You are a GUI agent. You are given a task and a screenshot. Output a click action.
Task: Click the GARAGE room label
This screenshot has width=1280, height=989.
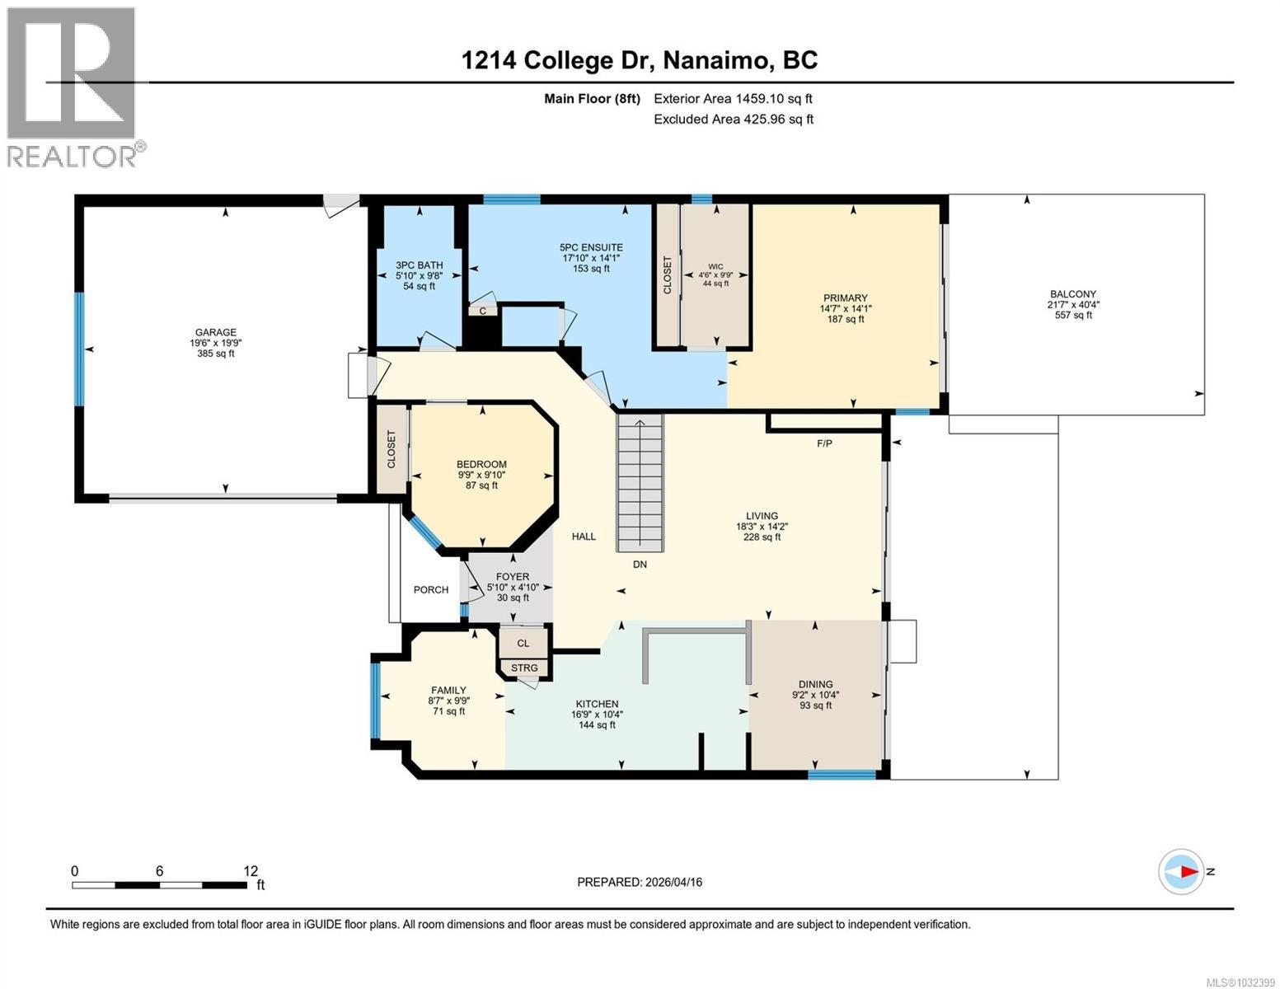point(215,333)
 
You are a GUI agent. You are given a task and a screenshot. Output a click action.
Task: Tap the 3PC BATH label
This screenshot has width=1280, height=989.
point(419,265)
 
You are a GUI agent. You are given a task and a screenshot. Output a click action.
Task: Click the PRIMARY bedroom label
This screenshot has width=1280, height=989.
point(845,298)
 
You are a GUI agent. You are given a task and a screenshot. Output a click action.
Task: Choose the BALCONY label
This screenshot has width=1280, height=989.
point(1072,294)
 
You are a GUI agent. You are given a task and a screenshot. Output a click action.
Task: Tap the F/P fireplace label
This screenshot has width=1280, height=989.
point(824,443)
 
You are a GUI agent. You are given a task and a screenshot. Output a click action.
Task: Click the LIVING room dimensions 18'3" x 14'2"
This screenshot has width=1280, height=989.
point(762,527)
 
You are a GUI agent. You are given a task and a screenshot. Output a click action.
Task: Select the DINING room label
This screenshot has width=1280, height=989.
point(815,684)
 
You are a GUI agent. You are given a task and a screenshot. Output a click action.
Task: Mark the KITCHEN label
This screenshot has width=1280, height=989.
point(597,704)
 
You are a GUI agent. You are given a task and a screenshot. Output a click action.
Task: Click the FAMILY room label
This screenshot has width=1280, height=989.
point(448,691)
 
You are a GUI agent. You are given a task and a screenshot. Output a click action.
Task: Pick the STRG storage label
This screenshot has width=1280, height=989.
point(524,668)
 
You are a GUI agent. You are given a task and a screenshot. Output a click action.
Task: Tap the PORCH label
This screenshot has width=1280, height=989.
point(430,590)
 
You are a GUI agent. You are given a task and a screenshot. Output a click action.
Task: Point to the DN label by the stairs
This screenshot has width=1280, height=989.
point(640,565)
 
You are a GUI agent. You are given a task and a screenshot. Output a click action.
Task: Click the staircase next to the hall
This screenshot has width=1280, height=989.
point(640,482)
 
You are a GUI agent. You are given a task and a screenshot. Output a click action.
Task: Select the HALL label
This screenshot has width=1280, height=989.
point(584,537)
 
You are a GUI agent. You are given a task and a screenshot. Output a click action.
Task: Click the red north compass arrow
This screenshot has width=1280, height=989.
point(1187,871)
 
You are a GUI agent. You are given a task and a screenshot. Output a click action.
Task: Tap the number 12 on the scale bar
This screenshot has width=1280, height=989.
point(251,871)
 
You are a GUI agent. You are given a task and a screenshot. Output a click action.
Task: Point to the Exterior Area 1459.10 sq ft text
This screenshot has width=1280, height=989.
point(733,99)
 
